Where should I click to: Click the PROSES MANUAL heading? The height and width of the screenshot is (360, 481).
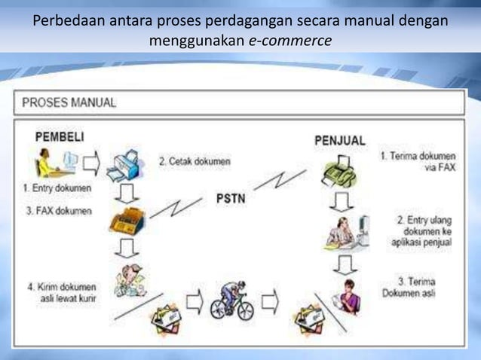tap(69, 103)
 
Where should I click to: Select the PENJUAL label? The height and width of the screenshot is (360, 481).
tap(339, 140)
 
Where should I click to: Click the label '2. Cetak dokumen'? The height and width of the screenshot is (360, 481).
tap(195, 160)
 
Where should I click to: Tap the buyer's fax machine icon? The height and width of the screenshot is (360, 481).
tap(126, 220)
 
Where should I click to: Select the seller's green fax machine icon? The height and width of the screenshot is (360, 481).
tap(338, 175)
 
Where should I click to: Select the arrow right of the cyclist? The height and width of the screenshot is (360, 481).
tap(270, 303)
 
